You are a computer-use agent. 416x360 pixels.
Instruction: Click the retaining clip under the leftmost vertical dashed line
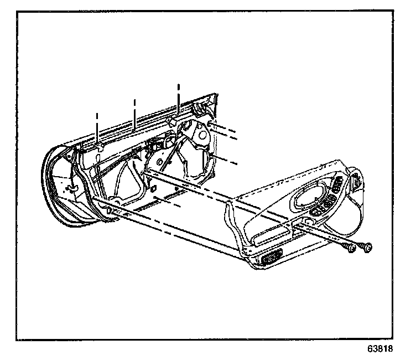tap(100, 147)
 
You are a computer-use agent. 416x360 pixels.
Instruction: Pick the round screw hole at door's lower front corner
tap(108, 211)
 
